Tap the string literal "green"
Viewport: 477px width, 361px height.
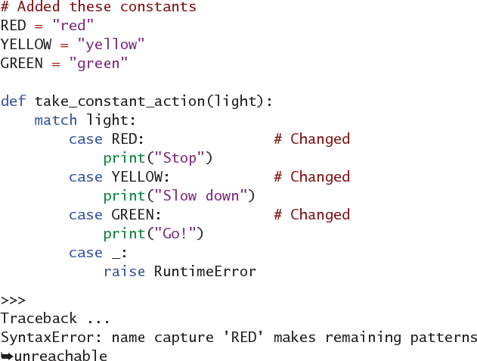click(x=98, y=64)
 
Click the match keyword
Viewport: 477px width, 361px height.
click(x=56, y=120)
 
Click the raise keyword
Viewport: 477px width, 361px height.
click(x=124, y=272)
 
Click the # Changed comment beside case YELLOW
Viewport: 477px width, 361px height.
click(x=311, y=177)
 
